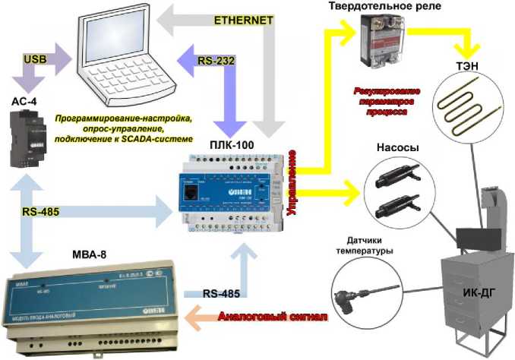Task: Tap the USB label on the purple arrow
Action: click(x=36, y=58)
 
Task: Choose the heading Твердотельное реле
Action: click(x=400, y=7)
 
